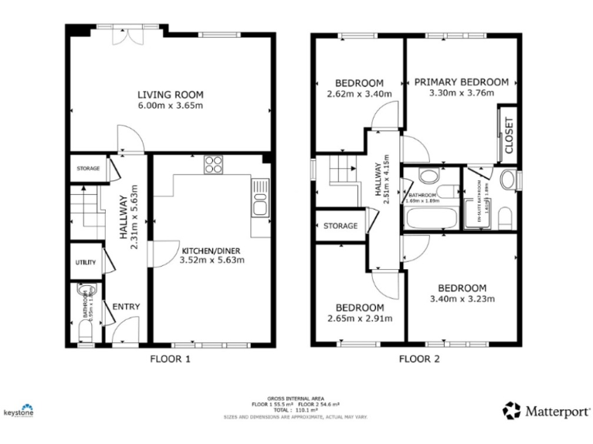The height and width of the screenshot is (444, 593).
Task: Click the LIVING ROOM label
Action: click(171, 95)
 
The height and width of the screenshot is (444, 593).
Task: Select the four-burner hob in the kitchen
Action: click(214, 164)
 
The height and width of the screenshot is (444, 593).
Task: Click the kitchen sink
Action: click(260, 204)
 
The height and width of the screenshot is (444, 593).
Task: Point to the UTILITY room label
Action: click(85, 263)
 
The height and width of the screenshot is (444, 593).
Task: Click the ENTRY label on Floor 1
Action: click(126, 307)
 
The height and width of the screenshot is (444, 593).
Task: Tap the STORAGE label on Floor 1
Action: click(87, 168)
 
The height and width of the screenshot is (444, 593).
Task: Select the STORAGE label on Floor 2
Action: click(341, 226)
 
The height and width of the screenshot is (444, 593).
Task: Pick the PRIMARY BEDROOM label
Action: click(461, 82)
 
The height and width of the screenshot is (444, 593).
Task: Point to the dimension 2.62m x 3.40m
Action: click(359, 95)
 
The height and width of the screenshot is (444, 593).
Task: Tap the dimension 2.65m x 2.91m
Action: click(359, 318)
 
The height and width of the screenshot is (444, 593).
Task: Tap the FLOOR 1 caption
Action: click(168, 358)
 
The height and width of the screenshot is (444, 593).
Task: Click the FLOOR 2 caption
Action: click(418, 358)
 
